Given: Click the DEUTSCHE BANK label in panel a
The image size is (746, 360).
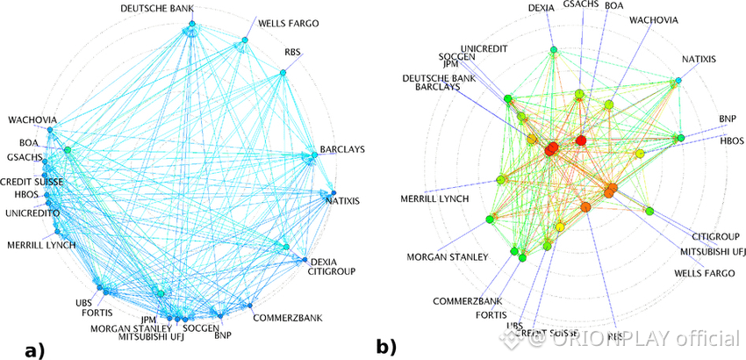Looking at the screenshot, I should click(157, 9).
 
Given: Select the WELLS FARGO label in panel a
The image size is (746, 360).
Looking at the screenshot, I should click(289, 22).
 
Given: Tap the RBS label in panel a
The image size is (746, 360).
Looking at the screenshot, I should click(293, 52).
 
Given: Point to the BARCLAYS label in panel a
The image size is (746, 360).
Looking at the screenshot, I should click(344, 149).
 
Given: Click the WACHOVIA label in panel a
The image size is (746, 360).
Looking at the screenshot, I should click(32, 119).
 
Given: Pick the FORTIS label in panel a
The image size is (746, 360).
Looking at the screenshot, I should click(98, 313).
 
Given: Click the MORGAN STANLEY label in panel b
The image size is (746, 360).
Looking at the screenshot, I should click(447, 257).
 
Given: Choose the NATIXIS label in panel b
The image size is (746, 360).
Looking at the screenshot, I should click(699, 60).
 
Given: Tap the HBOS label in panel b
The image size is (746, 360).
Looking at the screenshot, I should click(732, 140).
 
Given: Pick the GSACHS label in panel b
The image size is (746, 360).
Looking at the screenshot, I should click(580, 4).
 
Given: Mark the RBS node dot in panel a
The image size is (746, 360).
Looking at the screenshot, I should click(283, 72).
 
